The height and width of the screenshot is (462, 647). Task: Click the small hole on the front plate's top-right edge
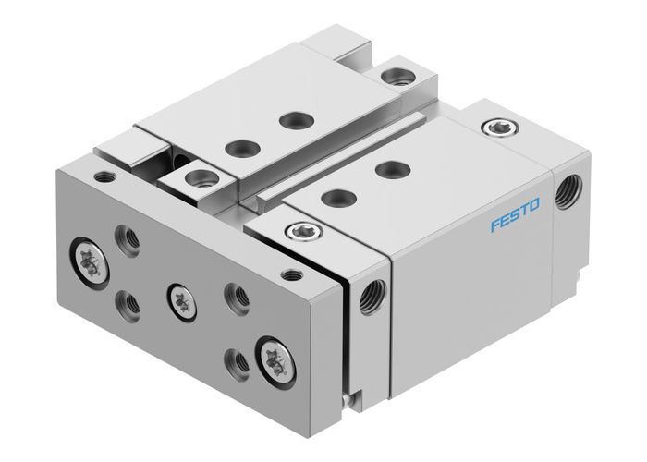[295, 274]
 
